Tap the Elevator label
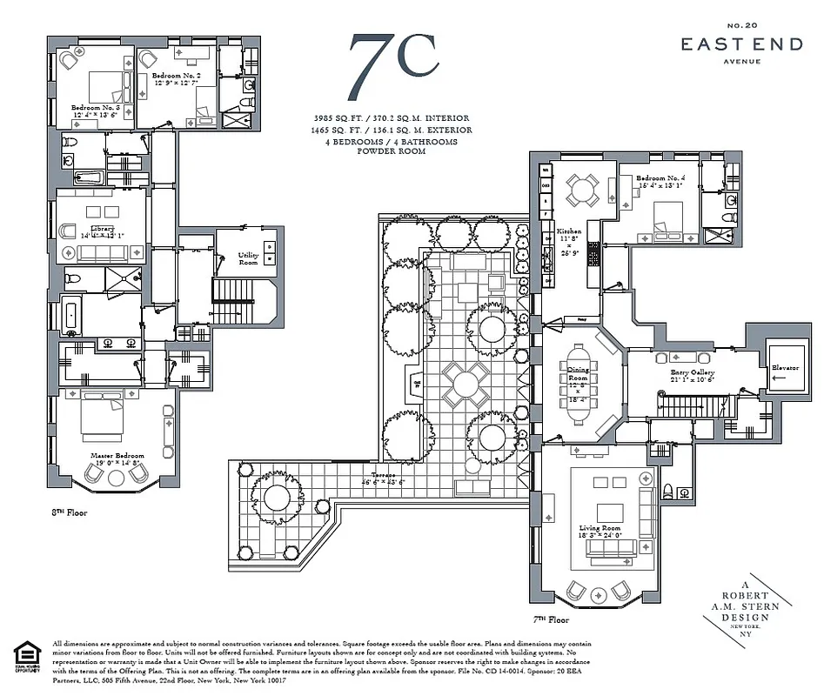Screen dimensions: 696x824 (785, 367)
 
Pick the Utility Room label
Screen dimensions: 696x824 (249, 258)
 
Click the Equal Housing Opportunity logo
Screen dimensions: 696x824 (28, 657)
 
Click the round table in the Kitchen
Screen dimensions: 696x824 (579, 187)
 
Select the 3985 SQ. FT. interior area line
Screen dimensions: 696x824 (392, 118)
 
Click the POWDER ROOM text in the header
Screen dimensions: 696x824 (392, 151)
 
